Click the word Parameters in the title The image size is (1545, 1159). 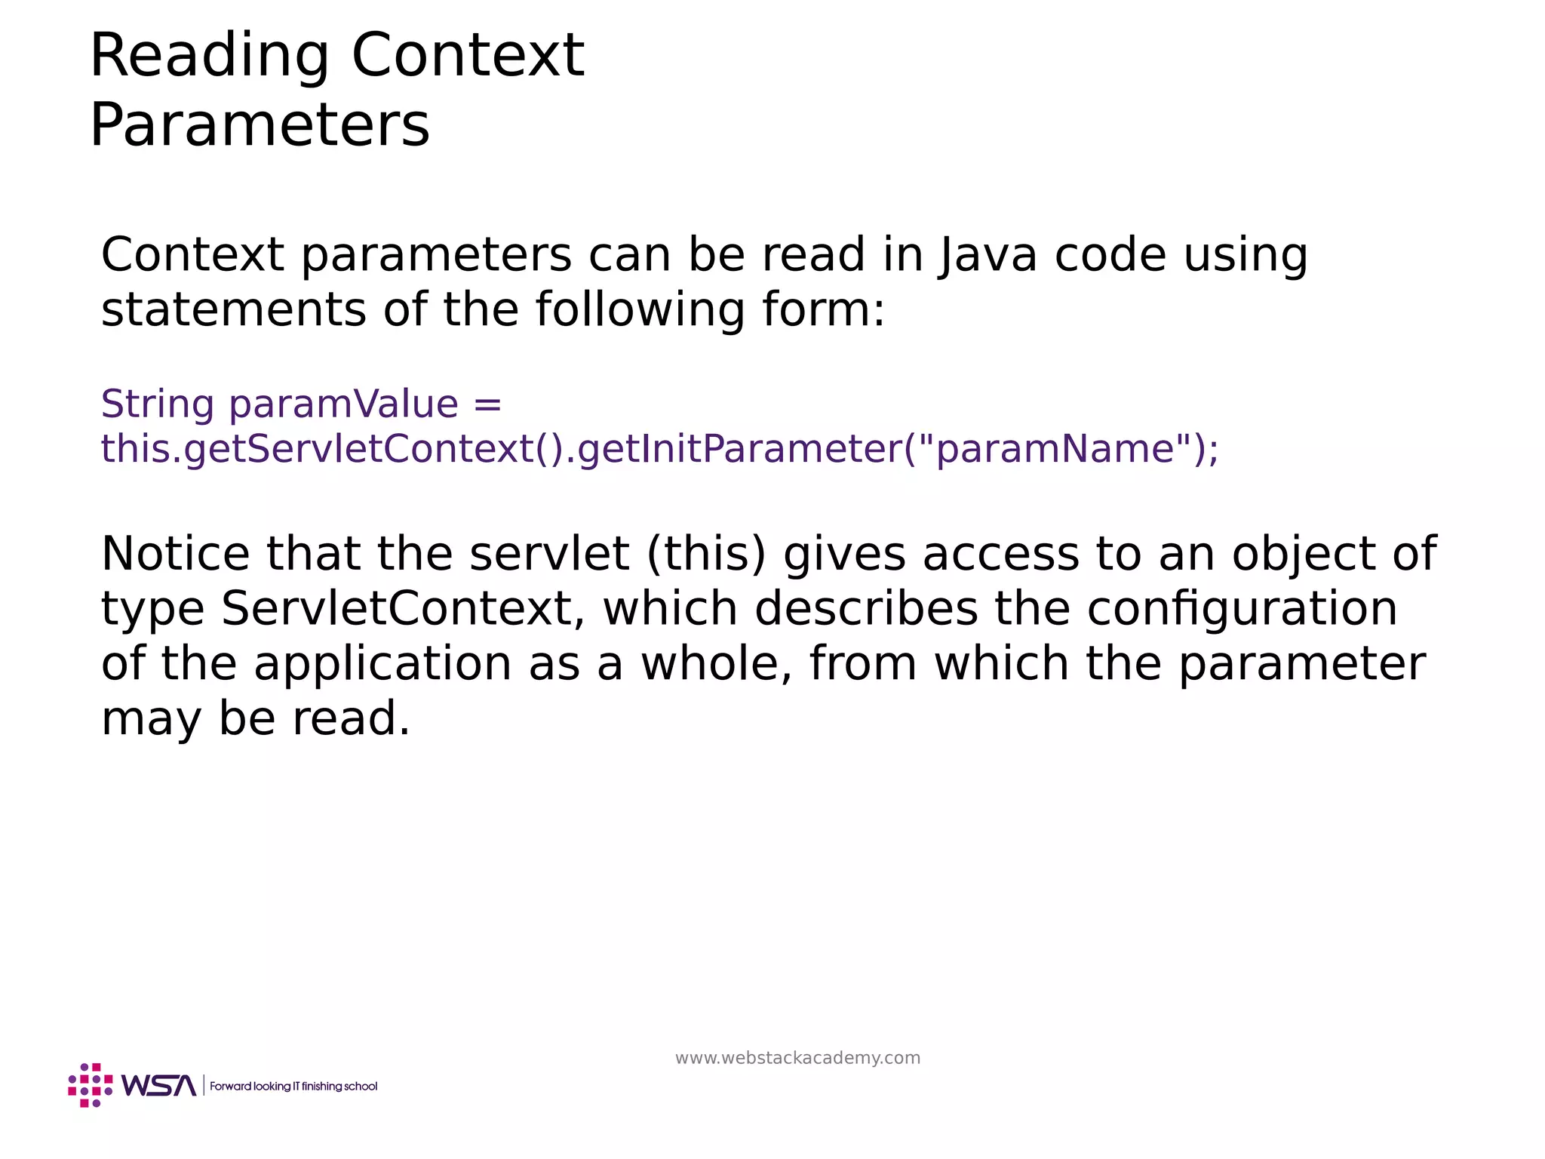[x=260, y=125]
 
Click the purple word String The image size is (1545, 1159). [x=157, y=404]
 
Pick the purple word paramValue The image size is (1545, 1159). [x=344, y=404]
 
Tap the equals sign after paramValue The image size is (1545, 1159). [x=487, y=404]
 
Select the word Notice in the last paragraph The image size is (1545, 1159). [x=175, y=554]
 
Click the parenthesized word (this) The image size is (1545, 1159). [x=706, y=554]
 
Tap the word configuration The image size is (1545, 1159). [x=1242, y=609]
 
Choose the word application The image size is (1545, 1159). [x=382, y=664]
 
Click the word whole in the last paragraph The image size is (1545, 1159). [x=717, y=664]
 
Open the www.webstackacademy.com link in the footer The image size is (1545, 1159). [x=797, y=1058]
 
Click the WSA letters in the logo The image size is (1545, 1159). [x=158, y=1086]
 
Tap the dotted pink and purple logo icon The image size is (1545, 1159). [x=91, y=1085]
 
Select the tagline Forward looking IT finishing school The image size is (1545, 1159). [x=293, y=1087]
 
